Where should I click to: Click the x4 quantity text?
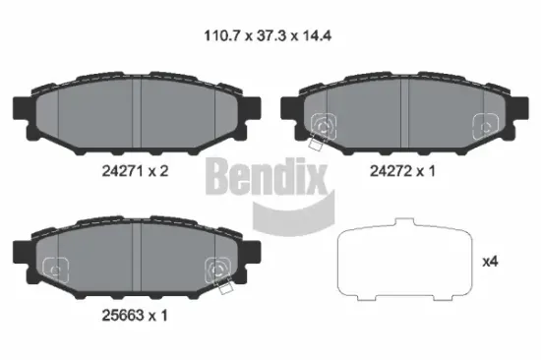pyautogui.click(x=490, y=263)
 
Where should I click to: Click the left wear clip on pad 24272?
pyautogui.click(x=322, y=126)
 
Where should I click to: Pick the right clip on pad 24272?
pyautogui.click(x=485, y=124)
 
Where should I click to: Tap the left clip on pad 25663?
pyautogui.click(x=56, y=265)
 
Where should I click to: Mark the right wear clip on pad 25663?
pyautogui.click(x=218, y=269)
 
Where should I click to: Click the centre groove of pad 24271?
pyautogui.click(x=141, y=111)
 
